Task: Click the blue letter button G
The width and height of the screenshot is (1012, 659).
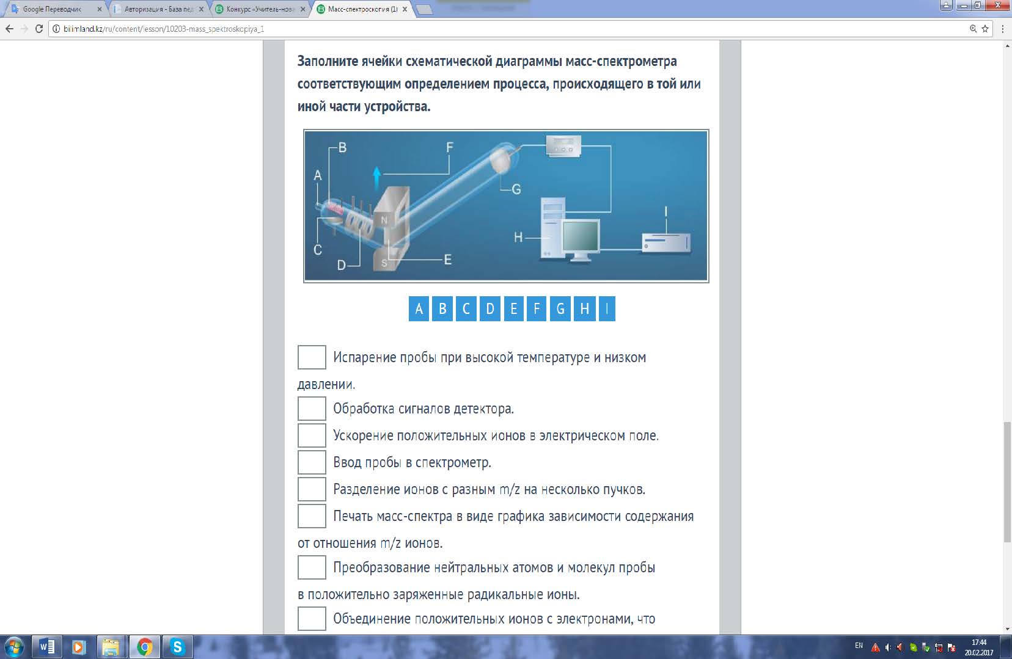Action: pos(560,309)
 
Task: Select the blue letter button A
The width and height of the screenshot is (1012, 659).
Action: pos(419,309)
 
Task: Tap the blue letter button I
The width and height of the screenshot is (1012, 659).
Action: pos(607,309)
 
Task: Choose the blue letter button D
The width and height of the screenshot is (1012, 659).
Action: pos(490,309)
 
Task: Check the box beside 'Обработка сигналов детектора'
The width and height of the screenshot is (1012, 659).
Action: pos(312,409)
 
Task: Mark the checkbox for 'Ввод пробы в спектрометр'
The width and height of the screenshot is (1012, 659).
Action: pos(312,462)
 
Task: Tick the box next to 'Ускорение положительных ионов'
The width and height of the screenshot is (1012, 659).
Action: pos(312,435)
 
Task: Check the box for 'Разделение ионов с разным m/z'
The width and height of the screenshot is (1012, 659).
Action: pos(312,489)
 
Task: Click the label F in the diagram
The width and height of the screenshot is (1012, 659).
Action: pos(450,147)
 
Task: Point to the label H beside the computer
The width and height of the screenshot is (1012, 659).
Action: pos(518,237)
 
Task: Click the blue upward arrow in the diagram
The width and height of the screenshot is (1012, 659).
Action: pos(377,179)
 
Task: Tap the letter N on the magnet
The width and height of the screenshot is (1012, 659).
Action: pos(384,220)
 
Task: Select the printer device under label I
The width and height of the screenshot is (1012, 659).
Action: pos(666,243)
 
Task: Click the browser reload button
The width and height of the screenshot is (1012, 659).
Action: pos(39,29)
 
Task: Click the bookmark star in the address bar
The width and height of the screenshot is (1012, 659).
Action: pos(985,29)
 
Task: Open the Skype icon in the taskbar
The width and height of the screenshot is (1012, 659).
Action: pos(178,647)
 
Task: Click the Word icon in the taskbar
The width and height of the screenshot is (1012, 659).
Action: pos(47,647)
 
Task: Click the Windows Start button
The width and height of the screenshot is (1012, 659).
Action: pos(14,647)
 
